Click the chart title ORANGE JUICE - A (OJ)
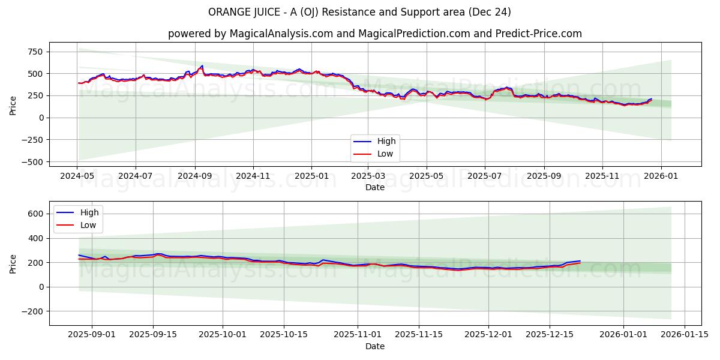coord(359,12)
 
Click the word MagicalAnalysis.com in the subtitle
coord(281,34)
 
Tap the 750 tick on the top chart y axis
coord(34,52)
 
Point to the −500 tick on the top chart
coord(31,162)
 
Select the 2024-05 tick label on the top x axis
coord(77,176)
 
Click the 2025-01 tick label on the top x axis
coord(311,176)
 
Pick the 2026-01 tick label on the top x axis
coord(661,176)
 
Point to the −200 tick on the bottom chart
coord(32,311)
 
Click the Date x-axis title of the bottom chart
coord(375,346)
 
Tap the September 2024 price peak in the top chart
coord(202,65)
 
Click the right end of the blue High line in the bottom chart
coord(580,261)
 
